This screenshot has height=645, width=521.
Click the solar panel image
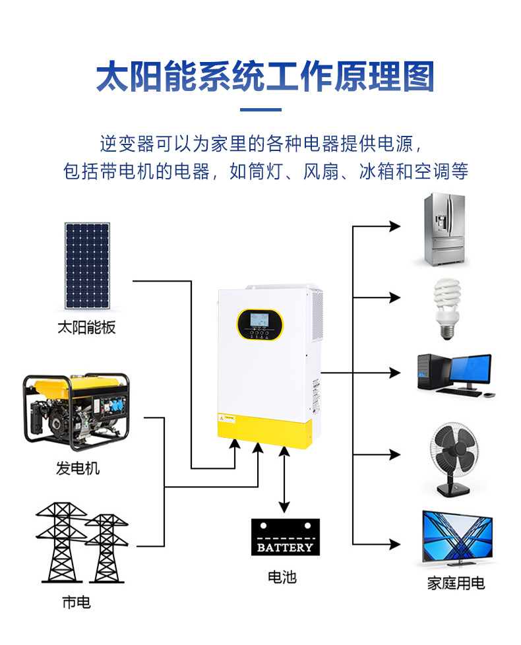[x=86, y=265]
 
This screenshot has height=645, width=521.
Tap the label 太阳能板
[x=86, y=327]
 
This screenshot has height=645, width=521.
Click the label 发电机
[x=78, y=468]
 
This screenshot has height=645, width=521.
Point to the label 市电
[x=77, y=601]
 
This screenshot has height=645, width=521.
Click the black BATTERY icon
[x=285, y=537]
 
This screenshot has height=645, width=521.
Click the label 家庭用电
[x=456, y=583]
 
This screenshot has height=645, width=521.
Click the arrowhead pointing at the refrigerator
[x=395, y=227]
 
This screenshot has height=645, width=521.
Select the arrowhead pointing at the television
[x=395, y=544]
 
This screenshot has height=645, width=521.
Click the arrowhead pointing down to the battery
[x=284, y=507]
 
